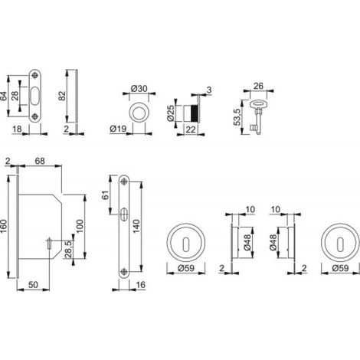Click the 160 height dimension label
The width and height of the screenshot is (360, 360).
pos(4,227)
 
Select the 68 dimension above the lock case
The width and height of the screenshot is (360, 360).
pos(40,161)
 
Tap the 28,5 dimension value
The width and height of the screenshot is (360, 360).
pos(68,249)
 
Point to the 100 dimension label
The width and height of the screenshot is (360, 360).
pos(80,226)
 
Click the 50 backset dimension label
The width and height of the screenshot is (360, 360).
pos(33,285)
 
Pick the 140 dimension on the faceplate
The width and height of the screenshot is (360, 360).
pos(136,226)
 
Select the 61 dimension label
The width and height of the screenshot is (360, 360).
pos(106,195)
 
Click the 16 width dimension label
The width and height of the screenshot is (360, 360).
pos(141,285)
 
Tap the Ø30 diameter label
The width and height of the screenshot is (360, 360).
pos(139,89)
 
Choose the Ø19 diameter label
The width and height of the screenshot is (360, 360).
pos(118,129)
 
